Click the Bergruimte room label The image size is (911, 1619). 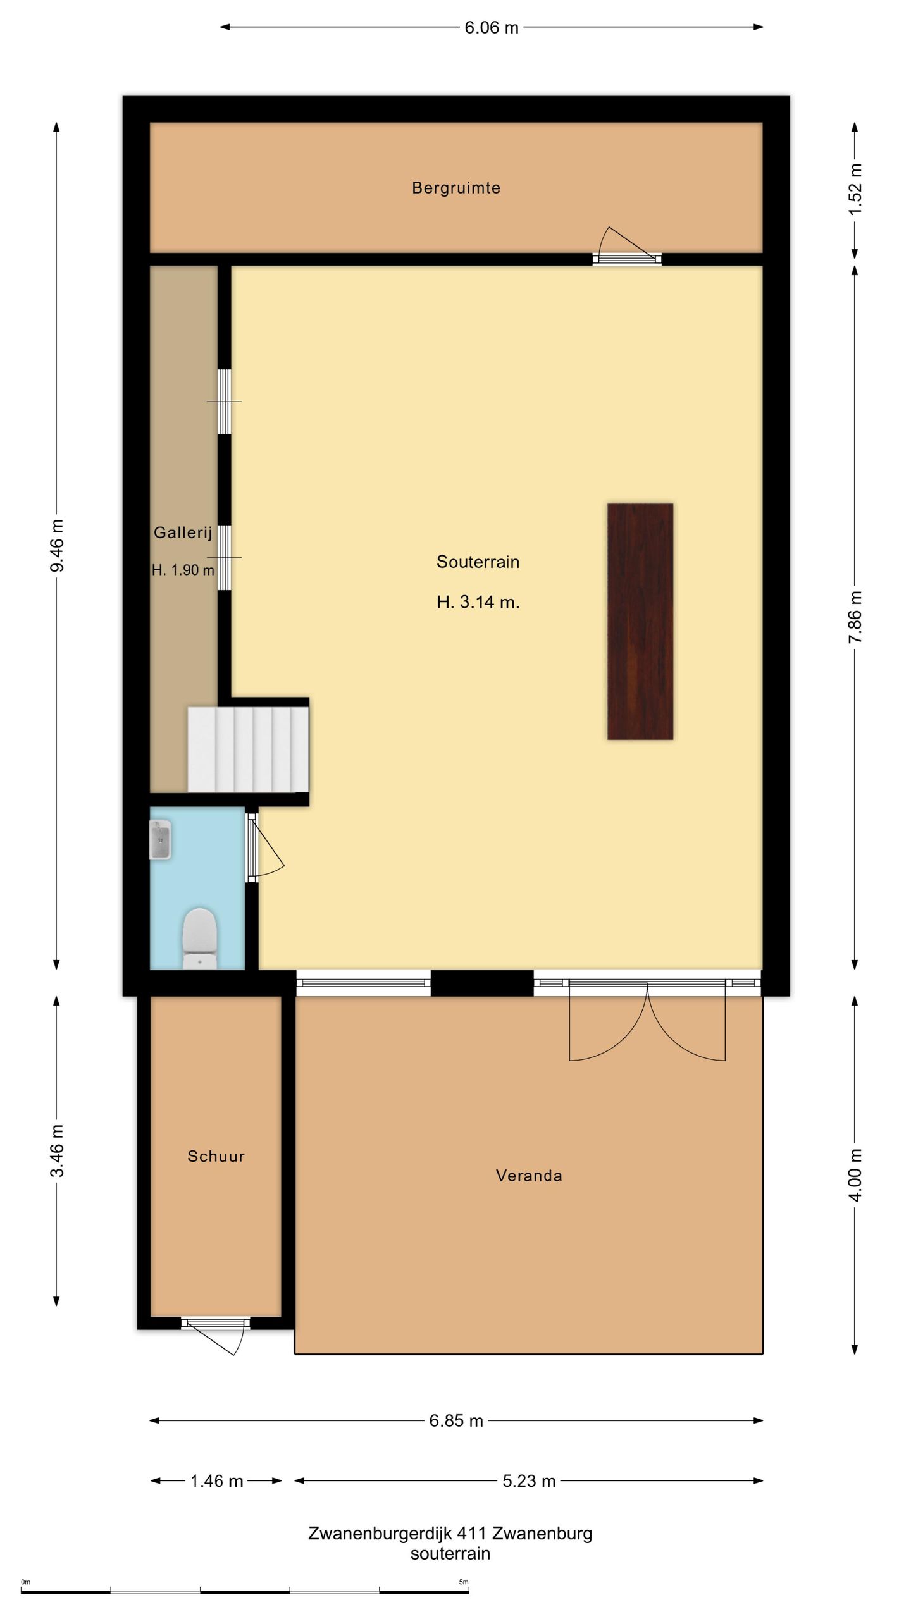point(456,188)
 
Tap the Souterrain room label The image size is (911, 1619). point(478,562)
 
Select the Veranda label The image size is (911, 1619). point(529,1176)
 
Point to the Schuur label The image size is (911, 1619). point(216,1156)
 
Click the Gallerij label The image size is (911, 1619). point(183,532)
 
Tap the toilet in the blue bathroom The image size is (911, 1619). point(200,939)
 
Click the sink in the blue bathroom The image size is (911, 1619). point(161,840)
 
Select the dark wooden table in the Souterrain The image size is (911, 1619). point(640,622)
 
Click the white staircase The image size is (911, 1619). point(248,749)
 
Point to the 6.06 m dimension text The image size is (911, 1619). point(492,27)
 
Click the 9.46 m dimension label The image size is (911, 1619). point(57,545)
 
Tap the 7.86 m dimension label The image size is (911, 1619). point(855,617)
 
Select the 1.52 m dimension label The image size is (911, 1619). point(855,189)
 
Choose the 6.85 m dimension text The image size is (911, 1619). point(456,1420)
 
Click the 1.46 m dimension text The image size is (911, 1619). point(217,1480)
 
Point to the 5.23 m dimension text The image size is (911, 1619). point(529,1480)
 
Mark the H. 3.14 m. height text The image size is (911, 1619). point(478,602)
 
